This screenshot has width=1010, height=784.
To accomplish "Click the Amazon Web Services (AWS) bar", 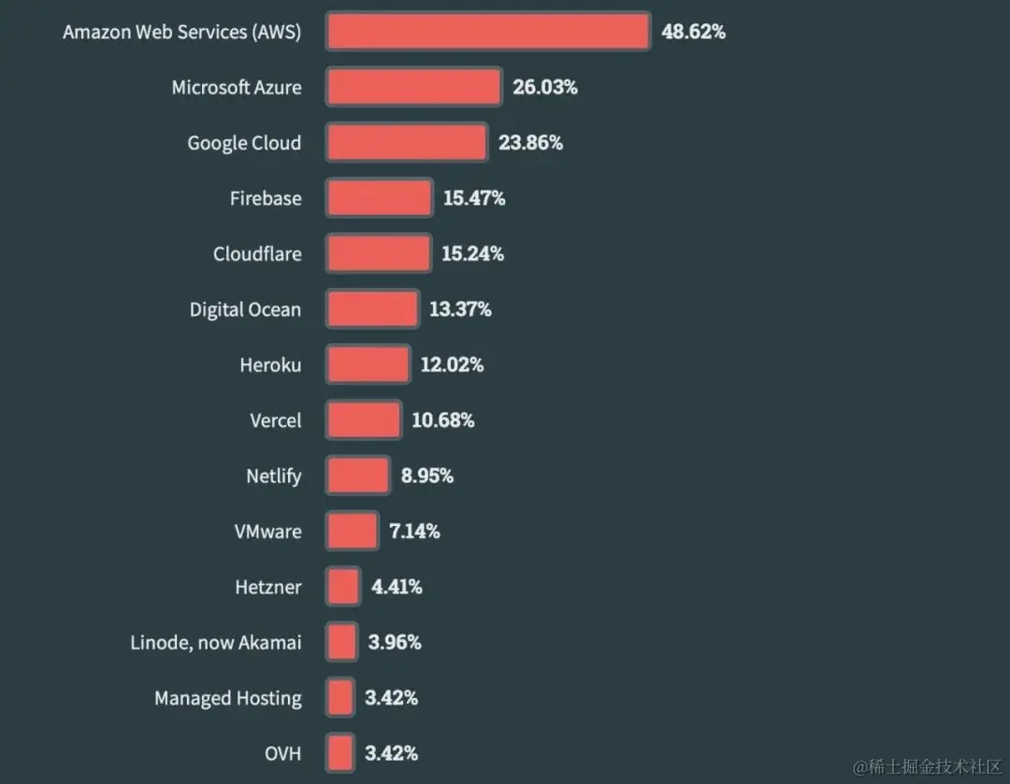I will click(x=487, y=32).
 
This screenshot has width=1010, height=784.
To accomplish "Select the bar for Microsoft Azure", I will click(x=413, y=88).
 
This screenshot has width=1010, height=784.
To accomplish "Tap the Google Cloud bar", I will click(x=406, y=143).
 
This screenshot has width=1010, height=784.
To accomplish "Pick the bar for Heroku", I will click(x=368, y=364).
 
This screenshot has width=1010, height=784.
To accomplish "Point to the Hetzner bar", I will click(x=342, y=587).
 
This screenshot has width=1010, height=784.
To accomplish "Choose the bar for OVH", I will click(x=340, y=753).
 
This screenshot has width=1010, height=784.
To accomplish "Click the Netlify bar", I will click(x=357, y=476).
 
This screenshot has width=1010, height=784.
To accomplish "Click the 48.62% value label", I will click(x=693, y=32).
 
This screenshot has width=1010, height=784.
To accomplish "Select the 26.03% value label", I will click(x=544, y=88).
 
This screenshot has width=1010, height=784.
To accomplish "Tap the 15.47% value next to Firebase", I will click(x=473, y=198).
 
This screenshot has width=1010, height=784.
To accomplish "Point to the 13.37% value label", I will click(x=460, y=309).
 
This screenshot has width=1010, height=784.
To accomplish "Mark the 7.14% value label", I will click(x=414, y=532).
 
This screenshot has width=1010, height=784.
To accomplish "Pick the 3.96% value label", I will click(x=396, y=643).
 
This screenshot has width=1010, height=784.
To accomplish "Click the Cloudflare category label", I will click(x=257, y=254).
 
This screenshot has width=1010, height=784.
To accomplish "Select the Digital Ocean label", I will click(x=245, y=309).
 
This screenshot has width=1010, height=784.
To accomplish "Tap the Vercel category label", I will click(x=276, y=421).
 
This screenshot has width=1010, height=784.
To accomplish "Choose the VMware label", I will click(x=267, y=532).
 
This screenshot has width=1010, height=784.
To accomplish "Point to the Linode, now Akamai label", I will click(x=216, y=643).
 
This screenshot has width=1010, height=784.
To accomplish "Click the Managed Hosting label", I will click(x=228, y=698).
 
